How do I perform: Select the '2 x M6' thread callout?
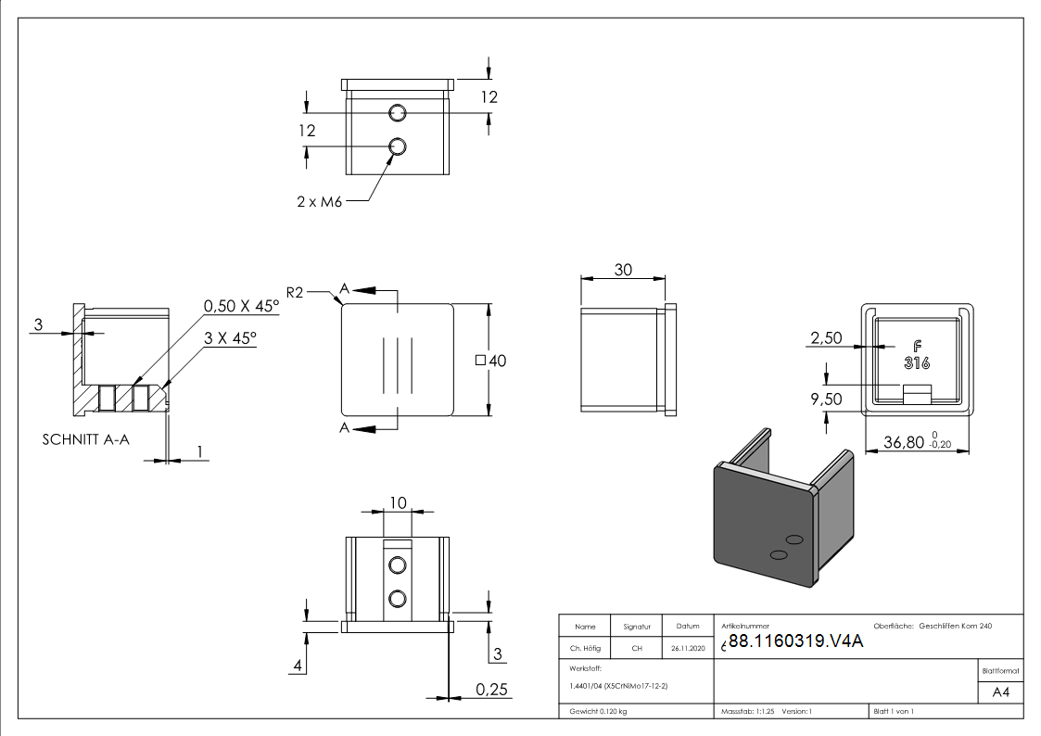click(320, 201)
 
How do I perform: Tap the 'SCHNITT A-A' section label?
click(86, 439)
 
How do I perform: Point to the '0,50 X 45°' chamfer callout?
click(241, 306)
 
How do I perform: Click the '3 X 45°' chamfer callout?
click(231, 339)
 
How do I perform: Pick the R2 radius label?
click(296, 293)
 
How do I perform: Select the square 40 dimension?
click(491, 362)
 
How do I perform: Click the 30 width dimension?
click(623, 270)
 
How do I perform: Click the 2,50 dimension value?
click(826, 338)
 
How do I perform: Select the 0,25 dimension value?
click(491, 689)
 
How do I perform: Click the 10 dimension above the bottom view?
click(398, 502)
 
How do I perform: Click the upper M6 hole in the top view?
click(398, 113)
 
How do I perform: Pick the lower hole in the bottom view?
click(398, 597)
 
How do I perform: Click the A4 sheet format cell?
click(1001, 692)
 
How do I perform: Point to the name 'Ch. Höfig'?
click(585, 648)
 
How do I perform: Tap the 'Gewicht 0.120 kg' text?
click(598, 711)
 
